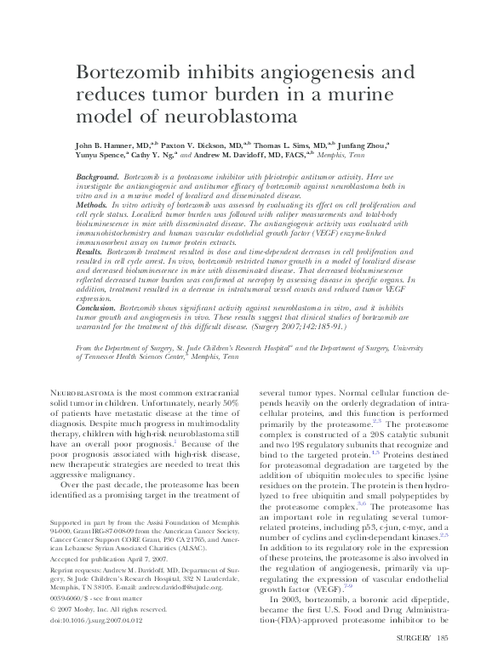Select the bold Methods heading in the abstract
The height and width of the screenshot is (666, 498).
[x=91, y=206]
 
